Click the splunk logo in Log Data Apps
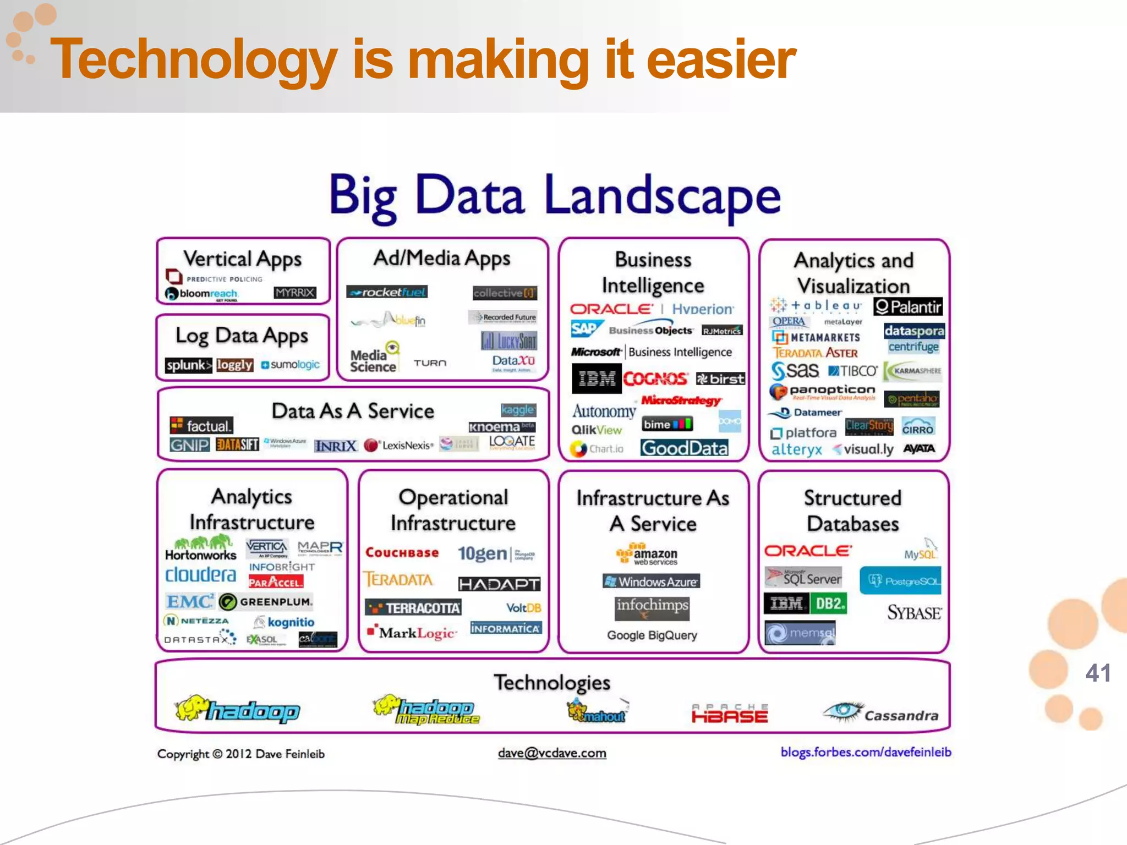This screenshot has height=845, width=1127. [188, 365]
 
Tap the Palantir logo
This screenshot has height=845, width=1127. [907, 306]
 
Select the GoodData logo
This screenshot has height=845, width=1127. [684, 448]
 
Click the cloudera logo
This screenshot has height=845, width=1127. [200, 575]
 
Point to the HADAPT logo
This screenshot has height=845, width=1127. [499, 584]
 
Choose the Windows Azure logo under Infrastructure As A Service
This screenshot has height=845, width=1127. [652, 581]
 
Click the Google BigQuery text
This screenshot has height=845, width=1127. [652, 635]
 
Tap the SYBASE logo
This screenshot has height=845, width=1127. [914, 612]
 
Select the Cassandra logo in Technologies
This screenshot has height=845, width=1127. [880, 714]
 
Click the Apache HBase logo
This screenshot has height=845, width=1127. [730, 714]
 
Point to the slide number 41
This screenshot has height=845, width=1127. [1097, 673]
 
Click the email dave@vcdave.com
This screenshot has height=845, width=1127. [552, 753]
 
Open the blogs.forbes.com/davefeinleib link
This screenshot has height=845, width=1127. [866, 752]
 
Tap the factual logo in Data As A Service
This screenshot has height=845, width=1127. [201, 425]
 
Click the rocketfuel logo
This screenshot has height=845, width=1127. [387, 292]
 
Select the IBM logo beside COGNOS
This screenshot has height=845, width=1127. [597, 378]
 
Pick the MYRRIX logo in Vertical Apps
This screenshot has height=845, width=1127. [295, 293]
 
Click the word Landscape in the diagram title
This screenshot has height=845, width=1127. [662, 197]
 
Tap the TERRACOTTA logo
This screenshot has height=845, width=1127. [413, 608]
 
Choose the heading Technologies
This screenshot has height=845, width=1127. [552, 683]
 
